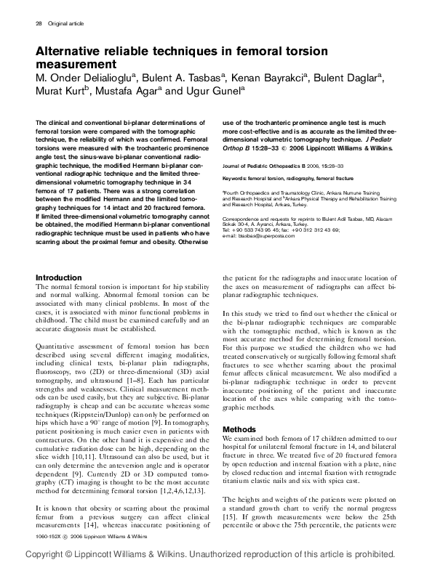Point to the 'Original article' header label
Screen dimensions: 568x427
pos(65,24)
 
